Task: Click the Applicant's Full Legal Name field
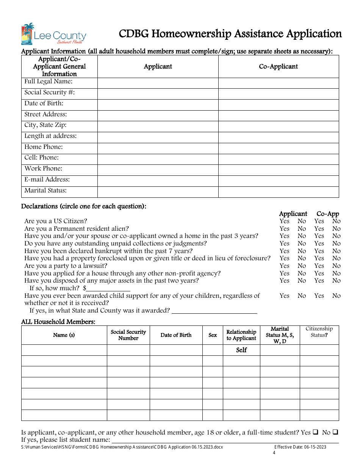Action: [x=158, y=83]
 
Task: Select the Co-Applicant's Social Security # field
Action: [x=279, y=94]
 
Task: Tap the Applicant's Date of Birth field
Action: [x=158, y=105]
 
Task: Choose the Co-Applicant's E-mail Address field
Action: [x=279, y=181]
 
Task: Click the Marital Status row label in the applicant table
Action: [x=45, y=191]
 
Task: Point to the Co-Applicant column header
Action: [x=279, y=67]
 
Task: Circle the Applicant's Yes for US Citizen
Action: [x=284, y=221]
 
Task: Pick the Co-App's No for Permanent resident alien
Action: [x=337, y=229]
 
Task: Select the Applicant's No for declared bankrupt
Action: [x=302, y=251]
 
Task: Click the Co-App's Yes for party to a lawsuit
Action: [x=319, y=266]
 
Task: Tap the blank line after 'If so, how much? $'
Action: [x=108, y=288]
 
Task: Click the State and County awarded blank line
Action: [x=214, y=311]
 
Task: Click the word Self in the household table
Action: [x=241, y=350]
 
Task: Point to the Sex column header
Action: [x=213, y=335]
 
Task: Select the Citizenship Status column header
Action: [x=319, y=332]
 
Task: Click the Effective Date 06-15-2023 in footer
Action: [x=300, y=447]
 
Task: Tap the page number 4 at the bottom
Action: [x=274, y=453]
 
